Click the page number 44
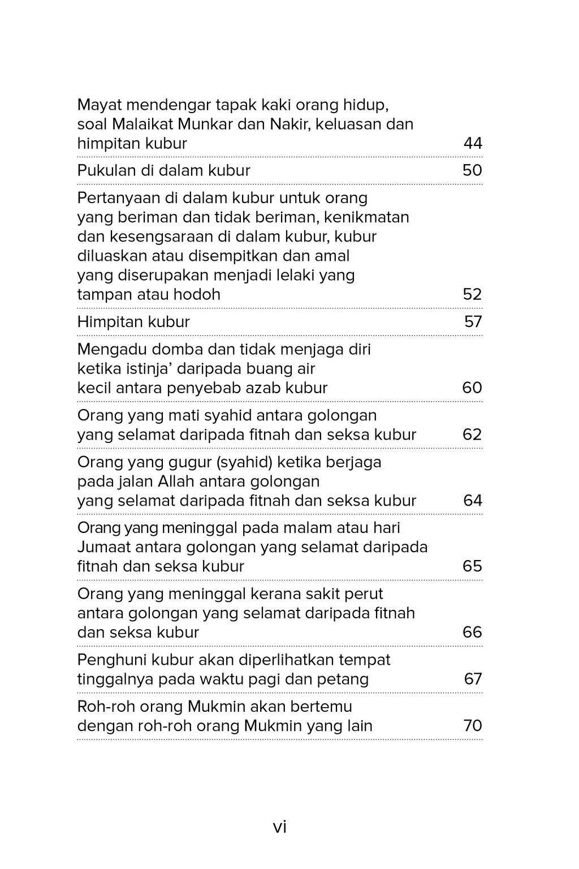tap(473, 144)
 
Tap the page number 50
tap(472, 171)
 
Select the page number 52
tap(472, 295)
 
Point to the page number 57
tap(473, 322)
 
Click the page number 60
tap(472, 388)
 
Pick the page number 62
tap(472, 434)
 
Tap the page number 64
tap(473, 501)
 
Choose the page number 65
tap(472, 566)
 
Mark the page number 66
tap(472, 633)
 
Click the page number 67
tap(473, 679)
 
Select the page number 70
tap(473, 726)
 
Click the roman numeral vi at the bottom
tap(280, 828)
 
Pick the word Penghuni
tap(112, 660)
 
